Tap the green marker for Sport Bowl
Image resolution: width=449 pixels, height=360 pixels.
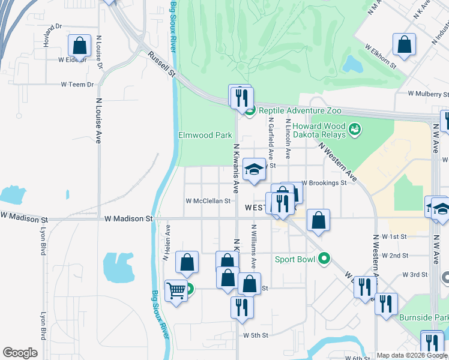point(325,259)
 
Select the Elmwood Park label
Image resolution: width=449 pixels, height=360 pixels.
point(205,135)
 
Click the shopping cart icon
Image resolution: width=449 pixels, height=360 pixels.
point(176,291)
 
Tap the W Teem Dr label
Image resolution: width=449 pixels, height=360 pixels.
point(77,85)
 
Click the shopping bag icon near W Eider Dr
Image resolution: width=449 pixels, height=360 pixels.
point(79,46)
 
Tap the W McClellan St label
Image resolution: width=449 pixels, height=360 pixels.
point(208,201)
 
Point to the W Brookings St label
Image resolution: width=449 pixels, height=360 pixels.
point(324,182)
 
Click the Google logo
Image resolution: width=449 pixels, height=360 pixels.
point(20,353)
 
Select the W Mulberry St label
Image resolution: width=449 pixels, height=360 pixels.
point(428,94)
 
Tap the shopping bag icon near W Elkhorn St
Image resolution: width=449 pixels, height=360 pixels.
point(405,44)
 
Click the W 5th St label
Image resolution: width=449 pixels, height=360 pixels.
point(255,335)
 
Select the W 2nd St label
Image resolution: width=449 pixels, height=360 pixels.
point(399,256)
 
